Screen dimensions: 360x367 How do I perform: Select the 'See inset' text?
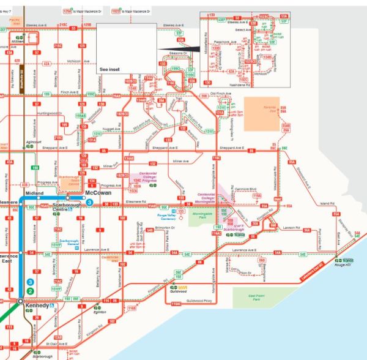click(109, 69)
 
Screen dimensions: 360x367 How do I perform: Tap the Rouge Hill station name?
click(343, 265)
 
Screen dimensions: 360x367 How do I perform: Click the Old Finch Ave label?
click(221, 94)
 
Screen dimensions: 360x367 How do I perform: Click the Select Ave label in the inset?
click(244, 29)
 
